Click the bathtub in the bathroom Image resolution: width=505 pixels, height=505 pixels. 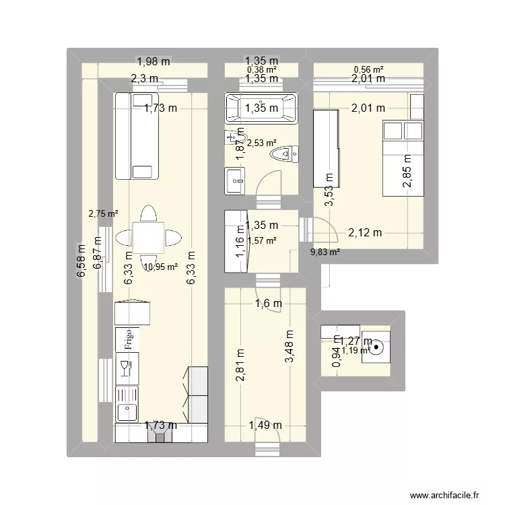(x=261, y=108)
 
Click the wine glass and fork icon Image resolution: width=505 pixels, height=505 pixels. (x=126, y=368)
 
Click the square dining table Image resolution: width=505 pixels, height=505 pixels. (x=147, y=237)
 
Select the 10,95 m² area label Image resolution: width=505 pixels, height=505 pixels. (x=160, y=267)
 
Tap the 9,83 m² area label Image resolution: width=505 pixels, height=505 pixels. (x=325, y=252)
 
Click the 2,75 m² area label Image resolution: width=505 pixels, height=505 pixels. (x=103, y=214)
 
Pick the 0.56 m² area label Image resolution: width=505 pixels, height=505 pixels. (x=368, y=69)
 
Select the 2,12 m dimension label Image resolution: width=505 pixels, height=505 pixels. (x=365, y=233)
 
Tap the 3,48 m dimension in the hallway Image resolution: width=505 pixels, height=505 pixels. (x=290, y=347)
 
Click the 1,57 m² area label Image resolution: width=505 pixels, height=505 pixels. (x=263, y=240)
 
